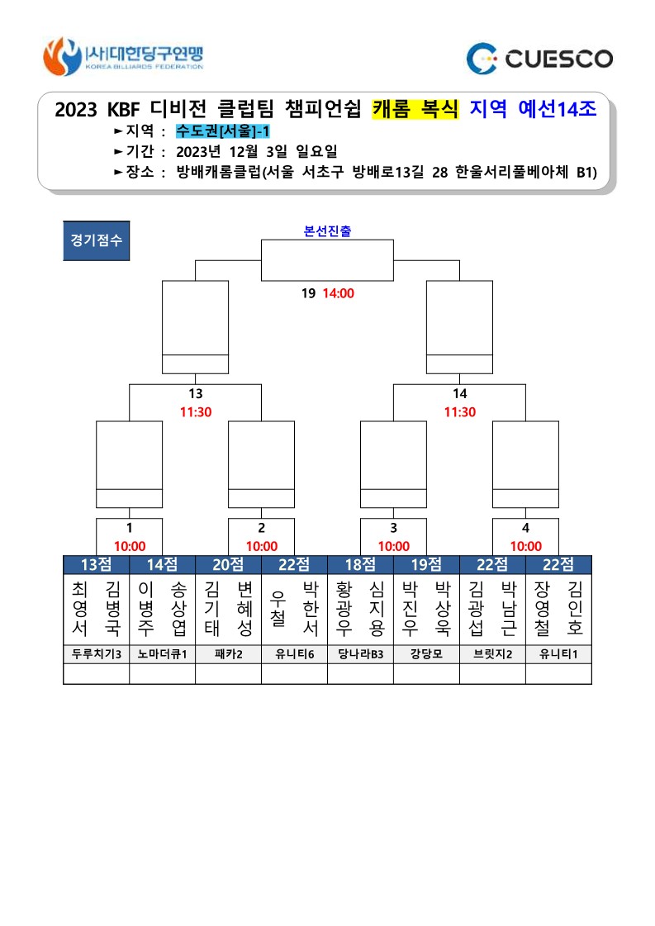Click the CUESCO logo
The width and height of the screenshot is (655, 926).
click(x=539, y=59)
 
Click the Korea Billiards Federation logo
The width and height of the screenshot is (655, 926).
click(x=123, y=57)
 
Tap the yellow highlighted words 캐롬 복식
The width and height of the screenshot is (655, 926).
click(x=415, y=109)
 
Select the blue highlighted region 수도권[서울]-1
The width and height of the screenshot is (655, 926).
click(x=223, y=131)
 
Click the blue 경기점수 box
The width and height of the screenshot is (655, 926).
click(x=97, y=240)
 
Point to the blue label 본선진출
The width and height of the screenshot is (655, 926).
click(x=327, y=231)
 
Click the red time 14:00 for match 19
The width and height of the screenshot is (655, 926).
click(x=339, y=293)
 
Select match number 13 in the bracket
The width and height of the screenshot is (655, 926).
click(x=196, y=393)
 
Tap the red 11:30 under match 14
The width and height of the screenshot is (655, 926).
click(x=460, y=412)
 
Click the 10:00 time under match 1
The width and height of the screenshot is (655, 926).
click(x=130, y=546)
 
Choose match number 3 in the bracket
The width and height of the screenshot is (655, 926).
click(x=393, y=528)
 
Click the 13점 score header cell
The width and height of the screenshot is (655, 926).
click(x=97, y=564)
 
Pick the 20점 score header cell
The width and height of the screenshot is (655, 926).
click(x=229, y=564)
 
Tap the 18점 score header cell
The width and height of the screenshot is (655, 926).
click(x=360, y=564)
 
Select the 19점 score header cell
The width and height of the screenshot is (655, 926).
click(x=426, y=564)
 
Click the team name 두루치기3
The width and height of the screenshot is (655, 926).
click(x=97, y=654)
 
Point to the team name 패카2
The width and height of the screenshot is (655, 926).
click(x=229, y=654)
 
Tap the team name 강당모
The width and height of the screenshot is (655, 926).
click(x=426, y=654)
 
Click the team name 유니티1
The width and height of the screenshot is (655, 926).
click(x=558, y=654)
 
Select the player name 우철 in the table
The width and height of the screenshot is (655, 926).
click(x=278, y=609)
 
